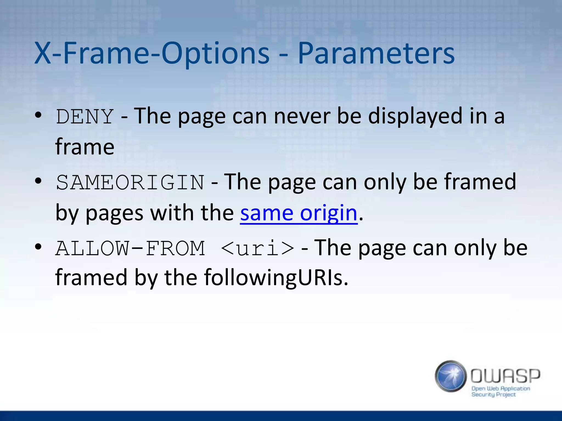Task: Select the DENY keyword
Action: click(85, 116)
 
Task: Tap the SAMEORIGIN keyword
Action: click(130, 182)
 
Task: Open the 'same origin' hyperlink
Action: click(299, 213)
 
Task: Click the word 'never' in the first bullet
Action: click(302, 116)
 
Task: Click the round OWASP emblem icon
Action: click(451, 376)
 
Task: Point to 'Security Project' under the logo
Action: click(493, 395)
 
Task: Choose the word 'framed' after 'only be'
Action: click(480, 182)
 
